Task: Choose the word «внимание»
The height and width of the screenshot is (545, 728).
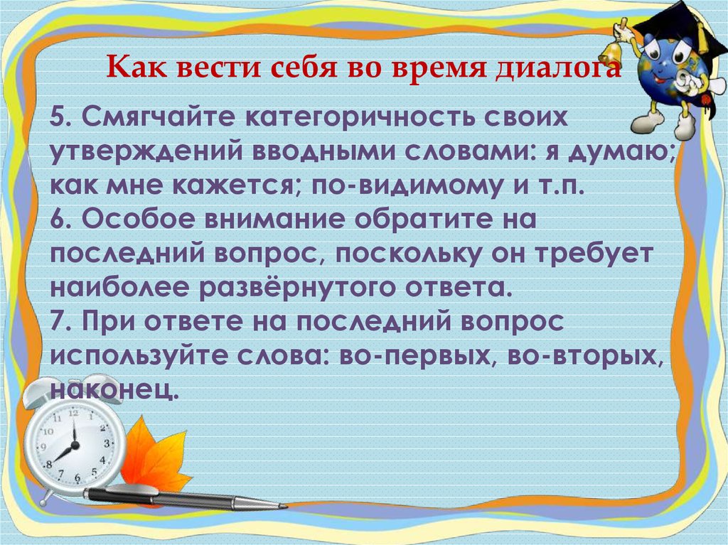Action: pyautogui.click(x=276, y=219)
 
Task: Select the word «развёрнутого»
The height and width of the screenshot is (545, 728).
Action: pyautogui.click(x=298, y=288)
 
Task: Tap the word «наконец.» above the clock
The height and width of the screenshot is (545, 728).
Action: pyautogui.click(x=114, y=389)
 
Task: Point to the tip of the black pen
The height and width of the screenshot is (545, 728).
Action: pyautogui.click(x=284, y=506)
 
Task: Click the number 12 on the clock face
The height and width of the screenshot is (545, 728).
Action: pyautogui.click(x=73, y=413)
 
